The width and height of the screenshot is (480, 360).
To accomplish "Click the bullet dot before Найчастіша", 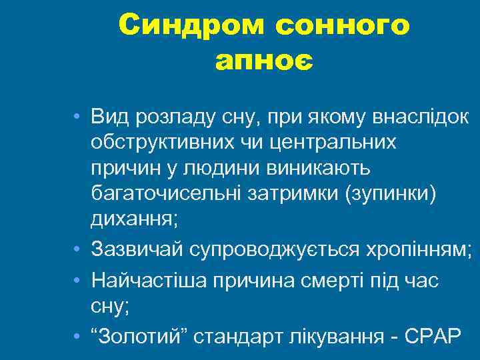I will pyautogui.click(x=79, y=281).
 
